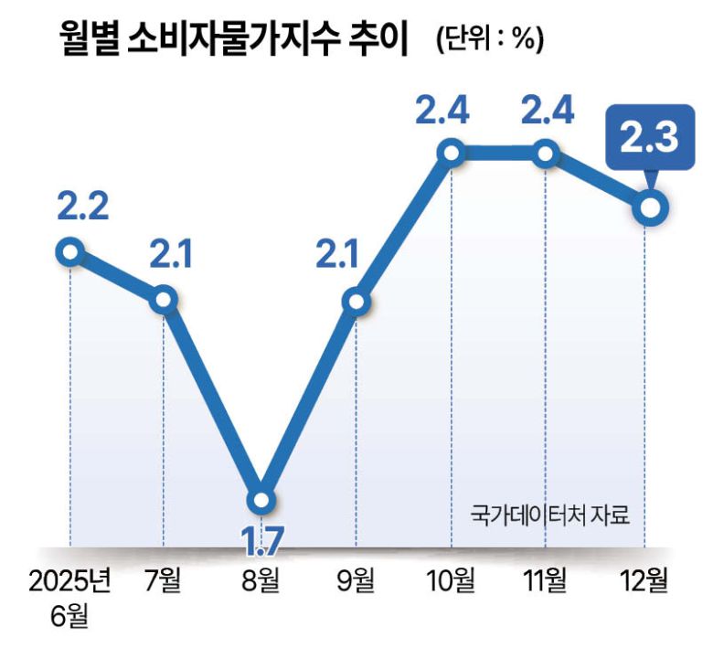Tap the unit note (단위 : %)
point(489,40)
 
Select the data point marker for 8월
point(261,500)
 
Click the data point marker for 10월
point(452,153)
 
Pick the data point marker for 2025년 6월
point(70,251)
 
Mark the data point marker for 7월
point(164,299)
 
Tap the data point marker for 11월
point(546,153)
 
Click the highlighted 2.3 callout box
point(648,140)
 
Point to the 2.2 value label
point(82,207)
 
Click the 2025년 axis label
point(69,581)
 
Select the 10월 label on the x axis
point(450,581)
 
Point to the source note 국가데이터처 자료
point(551,514)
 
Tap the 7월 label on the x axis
point(164,581)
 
